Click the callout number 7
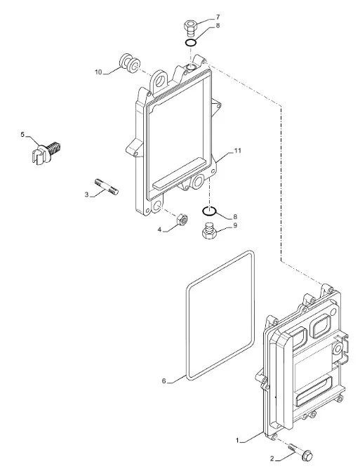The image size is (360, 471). click(218, 17)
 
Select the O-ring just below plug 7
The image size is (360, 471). click(191, 43)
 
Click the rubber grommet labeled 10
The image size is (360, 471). click(130, 64)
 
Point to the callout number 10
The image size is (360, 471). click(98, 72)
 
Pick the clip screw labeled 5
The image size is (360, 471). click(46, 152)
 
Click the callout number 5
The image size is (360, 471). click(22, 135)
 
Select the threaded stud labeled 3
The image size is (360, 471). click(107, 187)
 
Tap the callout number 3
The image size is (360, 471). click(86, 194)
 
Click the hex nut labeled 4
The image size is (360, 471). click(182, 220)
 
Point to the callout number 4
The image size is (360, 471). click(160, 230)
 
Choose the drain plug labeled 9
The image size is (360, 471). click(209, 231)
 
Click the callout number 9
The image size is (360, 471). click(235, 225)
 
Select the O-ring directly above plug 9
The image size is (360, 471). click(209, 211)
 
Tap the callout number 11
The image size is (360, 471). click(237, 151)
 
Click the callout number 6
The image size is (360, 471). click(164, 381)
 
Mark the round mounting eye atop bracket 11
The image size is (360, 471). click(161, 81)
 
